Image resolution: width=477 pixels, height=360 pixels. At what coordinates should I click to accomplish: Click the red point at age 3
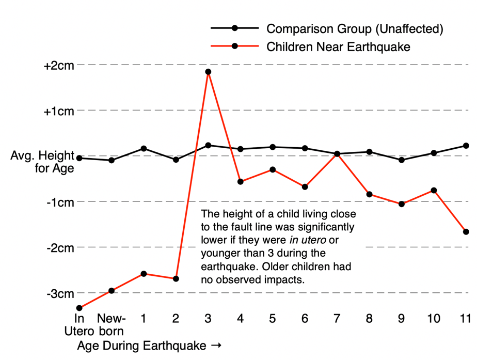(x=208, y=72)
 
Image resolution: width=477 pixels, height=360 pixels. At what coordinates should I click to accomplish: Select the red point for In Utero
(x=79, y=308)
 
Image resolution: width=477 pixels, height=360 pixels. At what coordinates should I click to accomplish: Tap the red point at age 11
(x=466, y=231)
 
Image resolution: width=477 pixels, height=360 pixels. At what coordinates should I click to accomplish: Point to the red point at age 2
(x=176, y=279)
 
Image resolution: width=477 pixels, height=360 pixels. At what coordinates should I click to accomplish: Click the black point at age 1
(x=144, y=149)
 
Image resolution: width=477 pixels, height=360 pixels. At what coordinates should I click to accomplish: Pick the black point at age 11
(x=466, y=146)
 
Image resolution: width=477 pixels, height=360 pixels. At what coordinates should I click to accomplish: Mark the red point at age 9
(x=402, y=204)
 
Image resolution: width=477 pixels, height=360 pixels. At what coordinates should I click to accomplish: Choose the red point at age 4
(x=241, y=181)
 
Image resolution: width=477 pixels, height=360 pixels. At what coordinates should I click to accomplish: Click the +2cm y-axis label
(x=59, y=65)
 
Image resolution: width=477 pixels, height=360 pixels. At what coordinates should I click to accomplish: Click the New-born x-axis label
(x=112, y=324)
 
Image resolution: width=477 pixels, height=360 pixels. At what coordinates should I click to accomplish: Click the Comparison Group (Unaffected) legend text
(x=355, y=28)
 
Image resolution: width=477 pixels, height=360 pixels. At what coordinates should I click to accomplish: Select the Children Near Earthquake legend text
(x=338, y=46)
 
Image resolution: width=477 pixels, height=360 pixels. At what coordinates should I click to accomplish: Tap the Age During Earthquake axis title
(x=150, y=345)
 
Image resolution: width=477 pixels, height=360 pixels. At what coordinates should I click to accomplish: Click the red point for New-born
(x=112, y=291)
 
